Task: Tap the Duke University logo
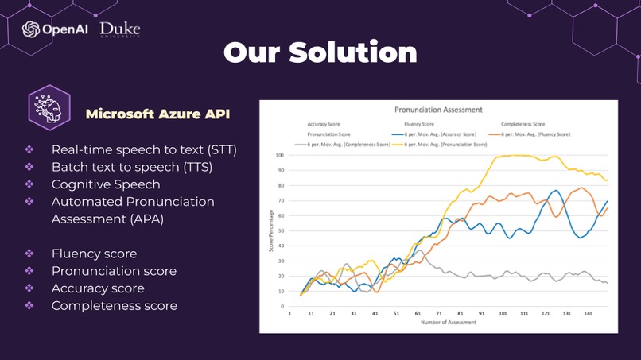tap(120, 29)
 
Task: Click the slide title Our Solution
tap(320, 52)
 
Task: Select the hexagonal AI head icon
tap(49, 107)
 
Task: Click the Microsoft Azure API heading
tap(158, 114)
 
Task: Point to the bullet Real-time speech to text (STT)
tap(144, 149)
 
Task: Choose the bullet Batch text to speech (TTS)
tap(131, 167)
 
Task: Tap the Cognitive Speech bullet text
tap(106, 184)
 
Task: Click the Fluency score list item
tap(94, 254)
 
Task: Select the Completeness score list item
tap(114, 306)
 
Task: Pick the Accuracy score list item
tap(98, 288)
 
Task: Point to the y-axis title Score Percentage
tap(271, 231)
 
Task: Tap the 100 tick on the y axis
tap(279, 156)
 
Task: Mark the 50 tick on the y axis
tap(281, 231)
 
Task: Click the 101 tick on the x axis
tap(503, 314)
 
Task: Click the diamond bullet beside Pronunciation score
tap(29, 271)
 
